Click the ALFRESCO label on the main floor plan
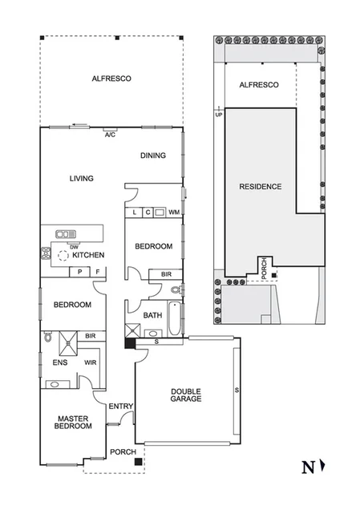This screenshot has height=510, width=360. (x=111, y=79)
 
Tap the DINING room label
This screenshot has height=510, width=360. (x=154, y=156)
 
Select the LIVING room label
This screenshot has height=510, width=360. (x=81, y=179)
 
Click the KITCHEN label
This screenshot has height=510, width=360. (x=89, y=255)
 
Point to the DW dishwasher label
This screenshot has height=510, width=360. (x=73, y=246)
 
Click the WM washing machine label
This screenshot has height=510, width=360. (x=174, y=212)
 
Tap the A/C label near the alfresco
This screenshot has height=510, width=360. (x=110, y=135)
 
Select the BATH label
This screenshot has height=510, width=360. (x=152, y=315)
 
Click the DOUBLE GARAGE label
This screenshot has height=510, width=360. (x=185, y=395)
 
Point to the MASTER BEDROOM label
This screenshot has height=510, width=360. (x=72, y=422)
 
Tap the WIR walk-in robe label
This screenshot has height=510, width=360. (x=90, y=362)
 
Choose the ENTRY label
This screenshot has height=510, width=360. (x=121, y=407)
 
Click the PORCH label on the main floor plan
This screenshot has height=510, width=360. (x=123, y=452)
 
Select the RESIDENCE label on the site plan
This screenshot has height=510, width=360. (x=261, y=187)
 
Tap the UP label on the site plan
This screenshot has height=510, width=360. (x=217, y=114)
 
